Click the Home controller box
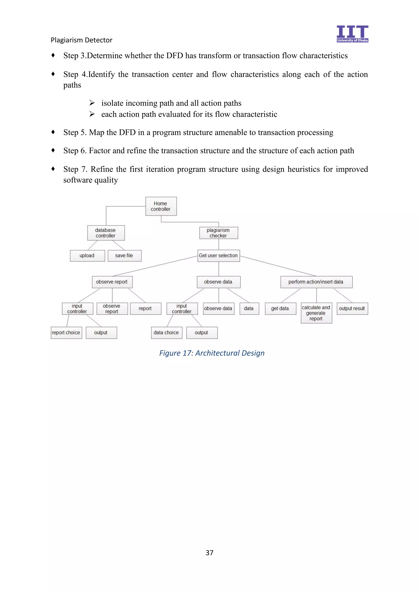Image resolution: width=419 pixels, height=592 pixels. [x=161, y=206]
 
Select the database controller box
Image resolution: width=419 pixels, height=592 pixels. [x=106, y=233]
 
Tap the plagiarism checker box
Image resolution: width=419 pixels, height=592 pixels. [x=219, y=233]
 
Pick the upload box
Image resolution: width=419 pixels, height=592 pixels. [x=87, y=256]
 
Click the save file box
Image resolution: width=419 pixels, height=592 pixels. [x=124, y=256]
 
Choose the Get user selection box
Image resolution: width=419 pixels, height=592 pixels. [x=219, y=256]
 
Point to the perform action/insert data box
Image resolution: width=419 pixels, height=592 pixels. [x=316, y=282]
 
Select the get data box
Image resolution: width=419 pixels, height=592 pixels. [x=280, y=308]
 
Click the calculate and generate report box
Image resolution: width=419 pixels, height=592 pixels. [x=316, y=313]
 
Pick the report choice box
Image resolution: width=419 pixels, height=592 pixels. [x=66, y=333]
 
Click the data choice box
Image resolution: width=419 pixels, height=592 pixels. [x=166, y=333]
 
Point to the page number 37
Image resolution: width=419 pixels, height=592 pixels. [x=209, y=553]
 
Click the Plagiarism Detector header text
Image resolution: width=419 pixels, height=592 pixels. [x=82, y=40]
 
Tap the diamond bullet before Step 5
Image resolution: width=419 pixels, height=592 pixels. [x=53, y=132]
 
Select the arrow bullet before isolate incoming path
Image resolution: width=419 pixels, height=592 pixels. [x=92, y=103]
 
